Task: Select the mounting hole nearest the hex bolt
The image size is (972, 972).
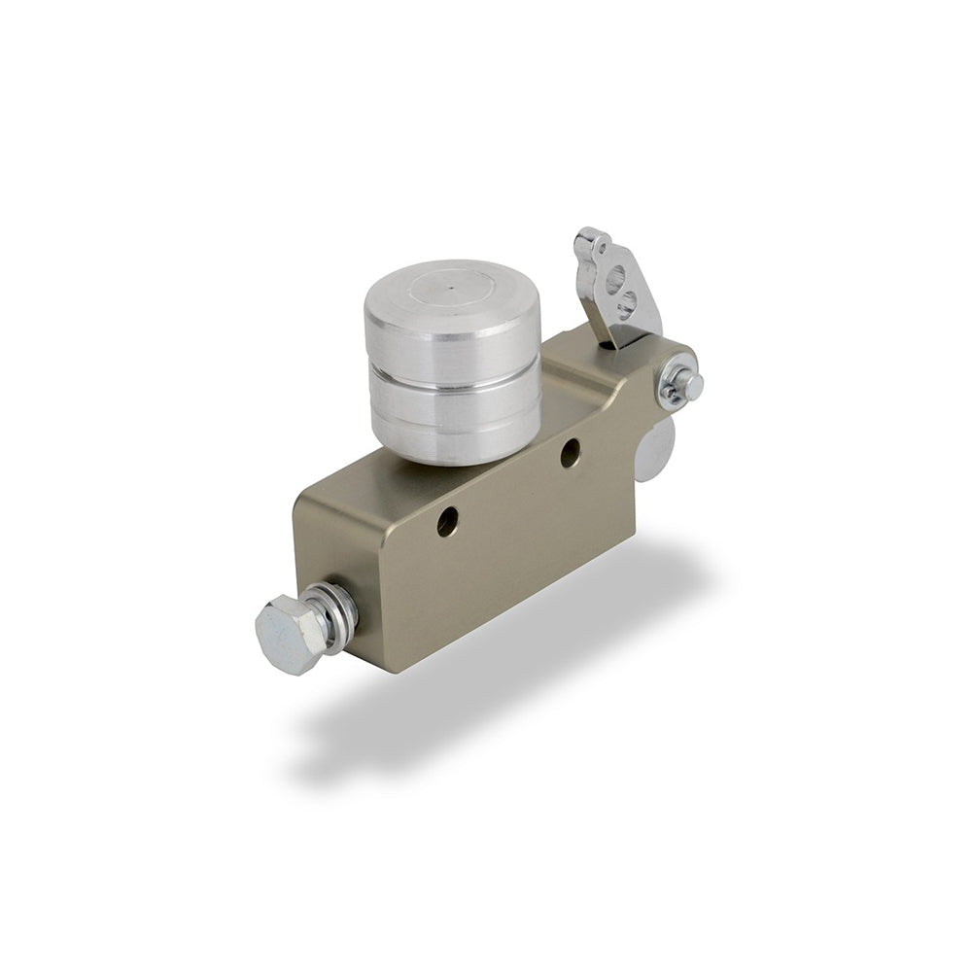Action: pos(446,522)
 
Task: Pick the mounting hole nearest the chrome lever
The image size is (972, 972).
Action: pos(571,452)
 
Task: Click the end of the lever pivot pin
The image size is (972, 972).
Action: pos(689,385)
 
